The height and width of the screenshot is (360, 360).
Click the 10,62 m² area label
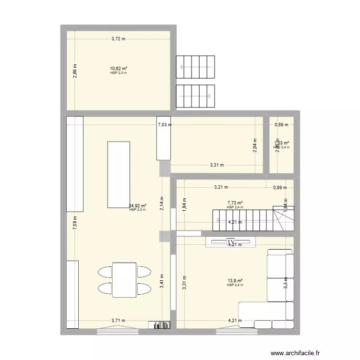(118, 69)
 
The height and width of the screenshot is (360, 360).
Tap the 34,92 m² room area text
(137, 206)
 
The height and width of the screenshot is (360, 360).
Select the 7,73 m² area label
(235, 203)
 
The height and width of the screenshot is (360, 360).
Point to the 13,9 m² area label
(235, 281)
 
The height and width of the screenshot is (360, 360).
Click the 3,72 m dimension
(118, 39)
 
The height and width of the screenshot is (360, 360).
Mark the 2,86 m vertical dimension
(75, 71)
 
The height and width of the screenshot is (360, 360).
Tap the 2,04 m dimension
(255, 145)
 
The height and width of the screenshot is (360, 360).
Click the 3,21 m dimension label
(221, 188)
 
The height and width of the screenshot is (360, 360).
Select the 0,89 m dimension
(281, 125)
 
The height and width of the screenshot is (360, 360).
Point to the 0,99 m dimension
(279, 188)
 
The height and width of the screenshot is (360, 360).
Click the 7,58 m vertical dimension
(75, 224)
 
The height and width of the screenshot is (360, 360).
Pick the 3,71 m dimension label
(118, 321)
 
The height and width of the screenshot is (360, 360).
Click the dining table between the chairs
(124, 280)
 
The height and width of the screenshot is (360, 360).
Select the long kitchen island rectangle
(119, 174)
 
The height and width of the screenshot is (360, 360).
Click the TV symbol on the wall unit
(230, 241)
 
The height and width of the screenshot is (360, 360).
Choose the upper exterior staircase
(195, 67)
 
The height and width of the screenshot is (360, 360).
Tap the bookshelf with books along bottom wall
(159, 325)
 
